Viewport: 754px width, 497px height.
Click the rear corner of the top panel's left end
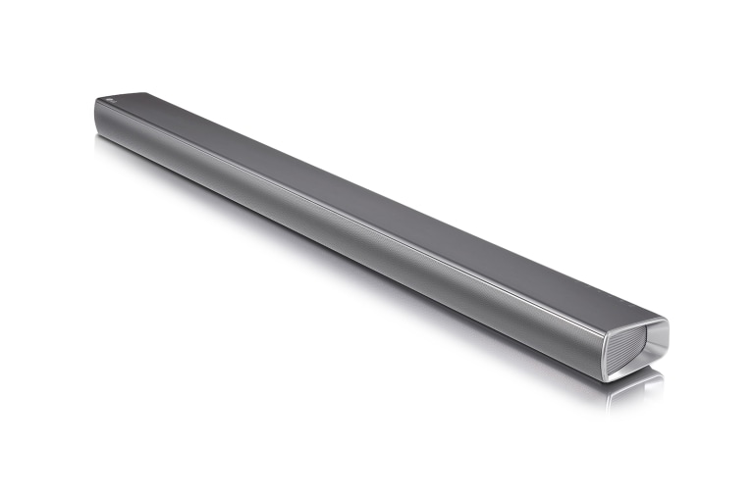(147, 94)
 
